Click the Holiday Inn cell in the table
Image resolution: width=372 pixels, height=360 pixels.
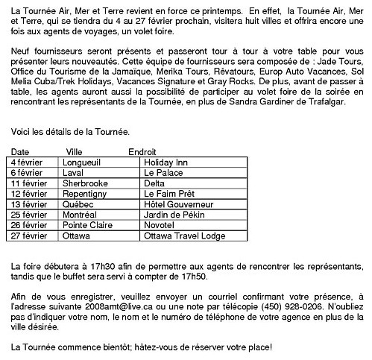(165, 161)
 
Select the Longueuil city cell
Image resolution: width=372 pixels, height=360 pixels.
(83, 161)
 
